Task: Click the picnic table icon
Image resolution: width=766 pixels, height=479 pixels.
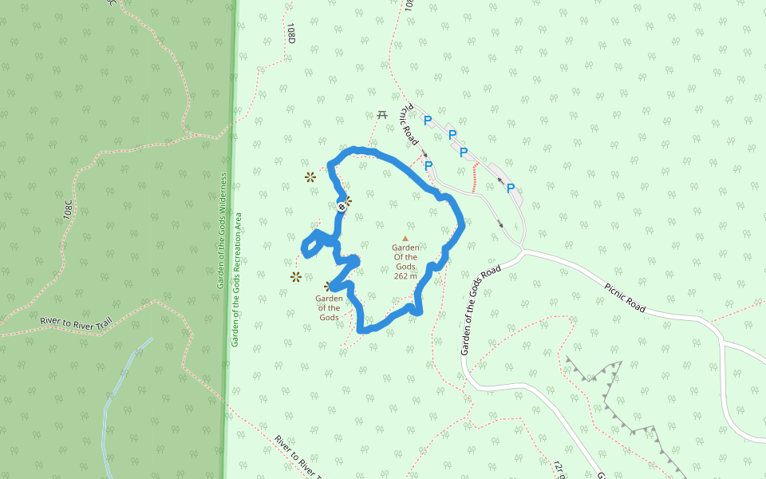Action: point(383,116)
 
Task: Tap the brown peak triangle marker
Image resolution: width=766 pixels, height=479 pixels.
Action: point(405,238)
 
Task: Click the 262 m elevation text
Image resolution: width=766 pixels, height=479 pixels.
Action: point(405,276)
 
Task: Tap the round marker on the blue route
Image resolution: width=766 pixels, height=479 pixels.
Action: point(342,208)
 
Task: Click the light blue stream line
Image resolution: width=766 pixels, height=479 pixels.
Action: point(112,399)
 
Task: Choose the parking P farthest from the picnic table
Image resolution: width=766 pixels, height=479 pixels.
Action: point(510,189)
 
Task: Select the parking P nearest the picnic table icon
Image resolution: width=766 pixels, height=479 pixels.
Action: point(428,121)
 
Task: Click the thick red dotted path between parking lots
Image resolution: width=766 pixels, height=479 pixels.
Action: point(476,178)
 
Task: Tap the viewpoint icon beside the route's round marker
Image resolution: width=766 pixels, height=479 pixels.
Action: point(349,200)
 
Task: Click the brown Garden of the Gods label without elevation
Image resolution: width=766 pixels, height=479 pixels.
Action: point(330,308)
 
